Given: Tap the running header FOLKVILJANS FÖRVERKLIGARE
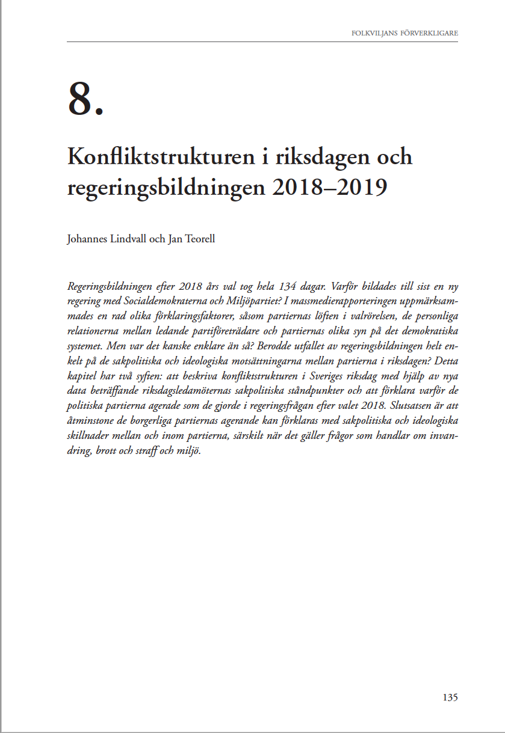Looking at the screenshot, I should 404,32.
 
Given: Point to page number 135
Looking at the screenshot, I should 450,698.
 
